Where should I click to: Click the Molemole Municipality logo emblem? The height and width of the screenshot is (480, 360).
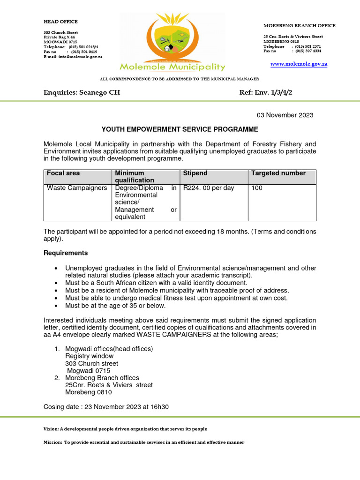pyautogui.click(x=172, y=40)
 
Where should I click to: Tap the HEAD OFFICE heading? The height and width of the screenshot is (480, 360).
pyautogui.click(x=60, y=22)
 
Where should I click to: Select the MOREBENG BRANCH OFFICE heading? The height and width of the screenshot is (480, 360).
pyautogui.click(x=299, y=26)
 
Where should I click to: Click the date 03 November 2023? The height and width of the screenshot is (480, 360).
pyautogui.click(x=285, y=115)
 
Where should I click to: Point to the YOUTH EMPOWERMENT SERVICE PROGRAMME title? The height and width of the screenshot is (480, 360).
pyautogui.click(x=180, y=129)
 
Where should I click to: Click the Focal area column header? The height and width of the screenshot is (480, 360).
pyautogui.click(x=63, y=173)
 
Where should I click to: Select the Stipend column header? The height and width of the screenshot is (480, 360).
pyautogui.click(x=195, y=173)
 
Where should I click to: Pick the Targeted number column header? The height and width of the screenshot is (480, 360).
pyautogui.click(x=278, y=173)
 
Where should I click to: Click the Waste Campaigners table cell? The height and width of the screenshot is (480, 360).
pyautogui.click(x=77, y=188)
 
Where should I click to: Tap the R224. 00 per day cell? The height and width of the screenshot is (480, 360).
pyautogui.click(x=209, y=188)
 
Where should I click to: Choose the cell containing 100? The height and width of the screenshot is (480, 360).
pyautogui.click(x=257, y=188)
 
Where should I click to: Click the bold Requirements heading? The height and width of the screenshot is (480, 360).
pyautogui.click(x=66, y=253)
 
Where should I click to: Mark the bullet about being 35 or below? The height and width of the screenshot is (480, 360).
pyautogui.click(x=115, y=306)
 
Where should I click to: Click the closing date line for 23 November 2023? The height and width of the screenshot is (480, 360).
pyautogui.click(x=106, y=407)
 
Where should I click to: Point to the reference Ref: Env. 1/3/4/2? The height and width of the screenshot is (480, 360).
pyautogui.click(x=266, y=93)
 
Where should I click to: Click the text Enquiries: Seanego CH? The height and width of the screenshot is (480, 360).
pyautogui.click(x=82, y=93)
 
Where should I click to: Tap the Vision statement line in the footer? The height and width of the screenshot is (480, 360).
pyautogui.click(x=125, y=429)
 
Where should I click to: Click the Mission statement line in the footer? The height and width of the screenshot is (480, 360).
pyautogui.click(x=144, y=442)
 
